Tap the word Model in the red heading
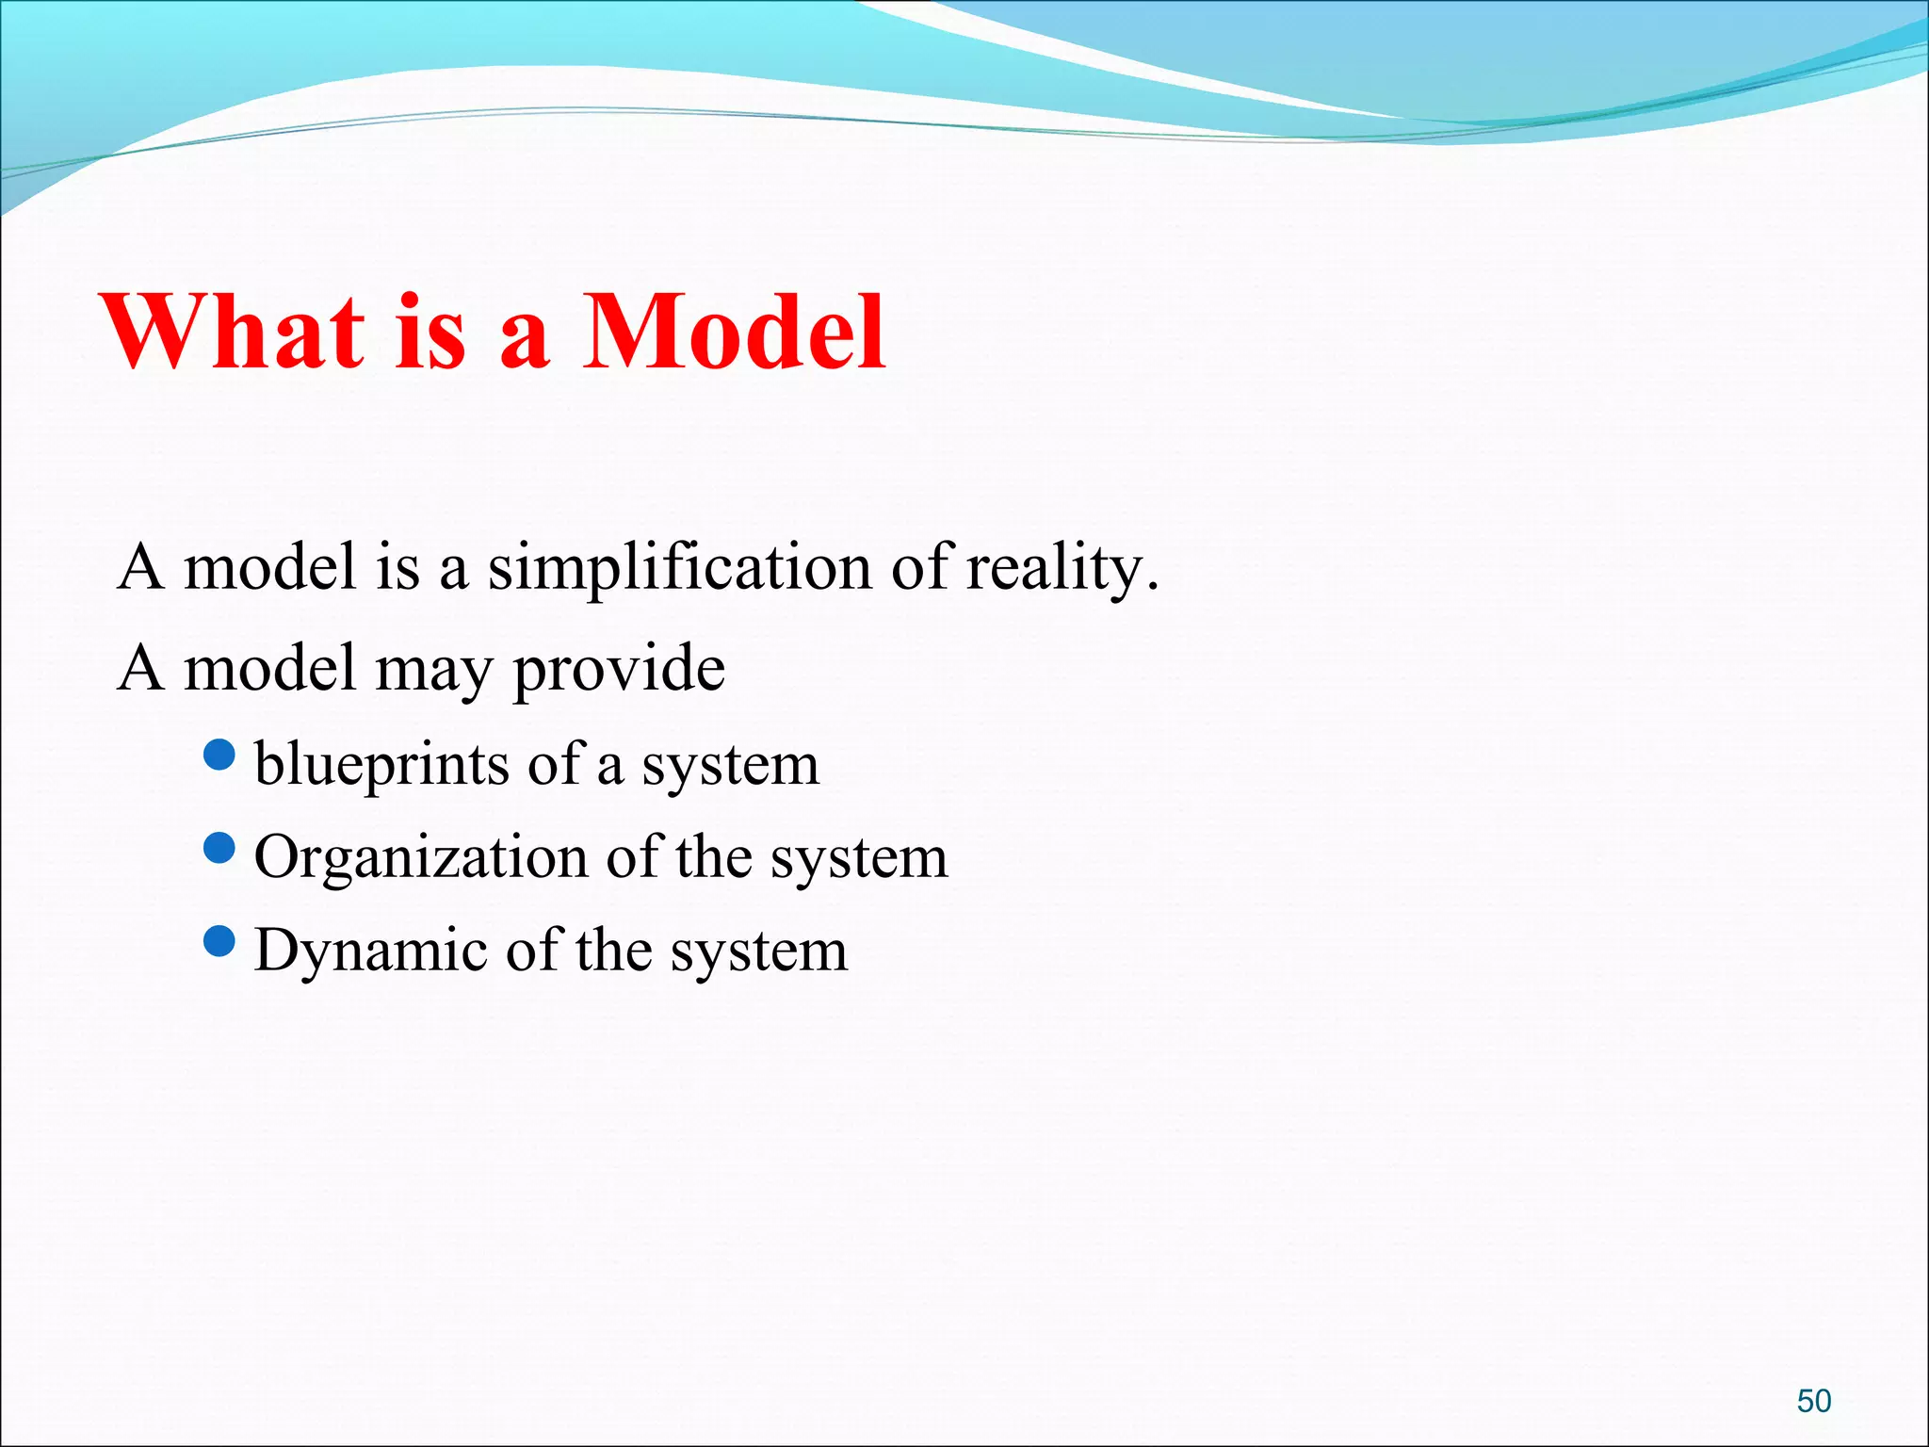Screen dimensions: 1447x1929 (x=734, y=332)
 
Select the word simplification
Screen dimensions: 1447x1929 (x=679, y=568)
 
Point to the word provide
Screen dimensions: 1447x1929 (x=619, y=669)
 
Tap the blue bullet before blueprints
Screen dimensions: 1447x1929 (x=219, y=755)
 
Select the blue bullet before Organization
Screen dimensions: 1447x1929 (x=219, y=848)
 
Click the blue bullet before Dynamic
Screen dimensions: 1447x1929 (x=219, y=941)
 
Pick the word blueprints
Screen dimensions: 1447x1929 (x=382, y=764)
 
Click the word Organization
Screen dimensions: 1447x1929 (x=421, y=857)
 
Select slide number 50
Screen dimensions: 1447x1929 (x=1813, y=1401)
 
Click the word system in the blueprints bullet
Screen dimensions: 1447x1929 (x=730, y=765)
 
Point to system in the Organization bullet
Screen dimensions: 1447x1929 (x=858, y=858)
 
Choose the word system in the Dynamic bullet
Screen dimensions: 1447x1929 (x=758, y=951)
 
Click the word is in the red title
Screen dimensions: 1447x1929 (x=430, y=332)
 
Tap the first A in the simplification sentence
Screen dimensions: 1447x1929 (x=141, y=568)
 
